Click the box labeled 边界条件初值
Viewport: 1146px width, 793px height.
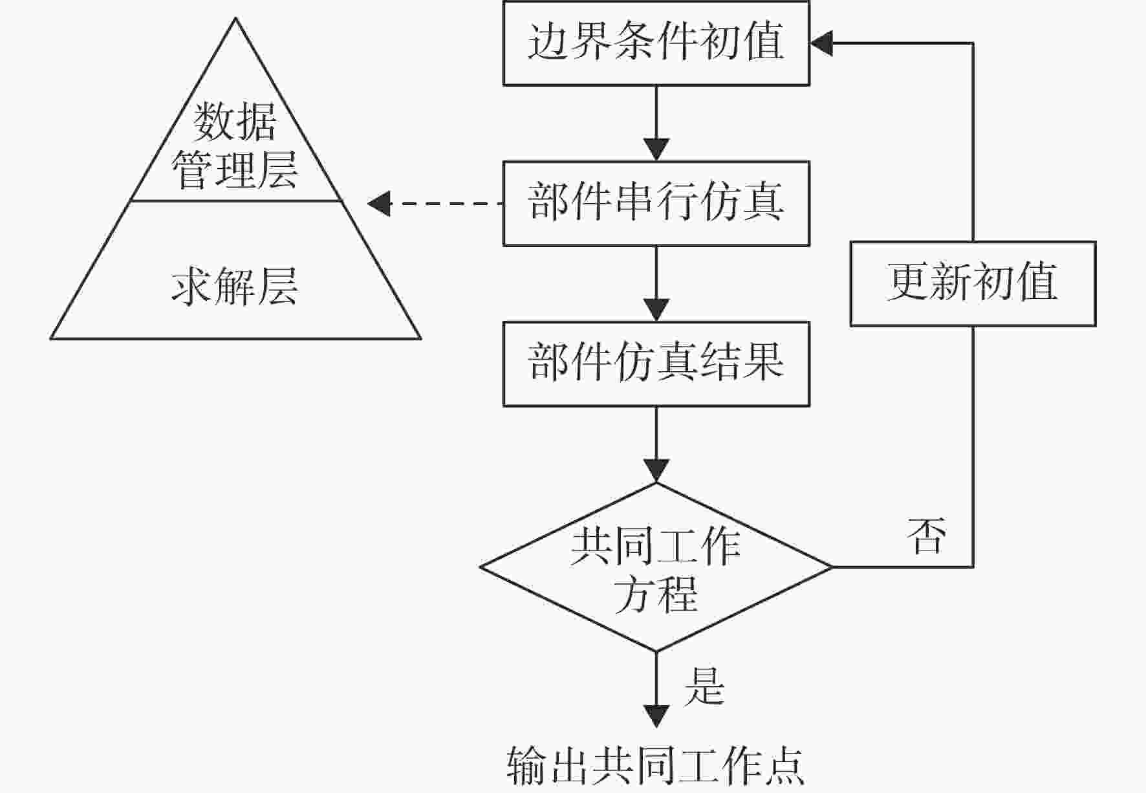click(x=656, y=43)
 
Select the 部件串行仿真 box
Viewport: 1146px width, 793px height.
click(x=656, y=204)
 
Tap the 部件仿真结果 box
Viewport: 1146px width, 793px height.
click(x=656, y=364)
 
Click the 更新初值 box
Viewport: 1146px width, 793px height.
click(x=973, y=284)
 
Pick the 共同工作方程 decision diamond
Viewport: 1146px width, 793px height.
click(x=656, y=567)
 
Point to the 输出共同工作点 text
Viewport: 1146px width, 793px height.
click(x=656, y=766)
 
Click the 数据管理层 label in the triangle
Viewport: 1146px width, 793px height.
click(x=235, y=146)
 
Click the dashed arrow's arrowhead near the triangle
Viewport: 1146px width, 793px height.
click(x=378, y=204)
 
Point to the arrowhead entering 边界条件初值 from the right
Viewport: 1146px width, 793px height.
click(x=821, y=43)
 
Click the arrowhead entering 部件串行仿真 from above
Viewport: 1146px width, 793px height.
click(x=656, y=150)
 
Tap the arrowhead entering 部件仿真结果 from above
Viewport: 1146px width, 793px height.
click(x=656, y=310)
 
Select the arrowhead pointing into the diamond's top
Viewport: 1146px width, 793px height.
click(x=656, y=471)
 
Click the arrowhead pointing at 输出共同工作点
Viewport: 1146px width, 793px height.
click(x=656, y=716)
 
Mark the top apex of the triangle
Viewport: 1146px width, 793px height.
click(x=235, y=17)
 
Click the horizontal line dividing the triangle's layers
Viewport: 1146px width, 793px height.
click(x=236, y=201)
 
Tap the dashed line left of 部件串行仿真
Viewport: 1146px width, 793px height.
click(x=446, y=204)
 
